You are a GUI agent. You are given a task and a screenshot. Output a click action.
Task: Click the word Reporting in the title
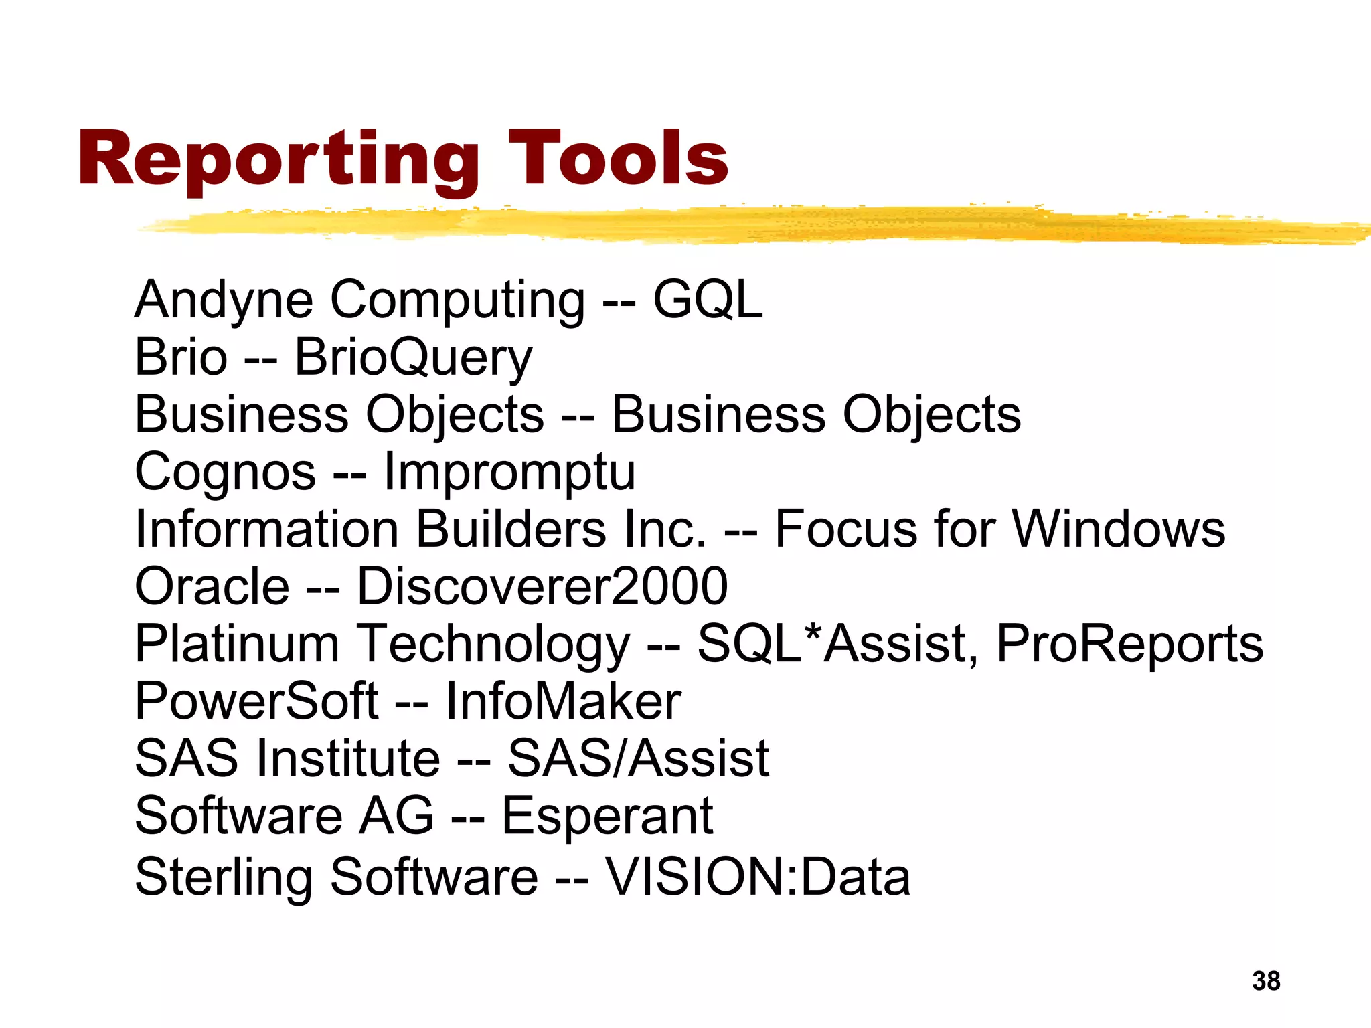coord(278,159)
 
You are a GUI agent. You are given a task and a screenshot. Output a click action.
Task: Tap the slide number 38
coord(1266,981)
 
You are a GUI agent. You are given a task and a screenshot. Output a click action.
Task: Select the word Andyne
coord(224,300)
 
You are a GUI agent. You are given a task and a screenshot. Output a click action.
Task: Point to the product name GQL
coord(708,300)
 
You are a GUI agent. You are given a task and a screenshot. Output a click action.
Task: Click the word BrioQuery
coord(413,357)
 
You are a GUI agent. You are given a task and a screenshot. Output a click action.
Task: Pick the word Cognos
coord(226,473)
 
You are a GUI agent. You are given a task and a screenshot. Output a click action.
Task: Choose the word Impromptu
coord(509,473)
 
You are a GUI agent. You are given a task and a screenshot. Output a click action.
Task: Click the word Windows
coord(1119,529)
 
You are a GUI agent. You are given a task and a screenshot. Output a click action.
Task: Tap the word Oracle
coord(212,586)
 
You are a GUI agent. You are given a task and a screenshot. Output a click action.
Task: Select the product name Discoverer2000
coord(542,586)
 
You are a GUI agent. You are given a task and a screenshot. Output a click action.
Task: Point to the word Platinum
coord(237,644)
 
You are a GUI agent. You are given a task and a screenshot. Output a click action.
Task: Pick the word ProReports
coord(1130,644)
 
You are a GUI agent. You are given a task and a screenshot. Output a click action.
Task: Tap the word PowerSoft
coord(257,701)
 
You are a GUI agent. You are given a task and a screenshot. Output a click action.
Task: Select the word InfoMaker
coord(563,701)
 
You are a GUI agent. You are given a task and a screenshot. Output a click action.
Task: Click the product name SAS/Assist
coord(639,758)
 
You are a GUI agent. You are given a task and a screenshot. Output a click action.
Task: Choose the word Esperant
coord(607,816)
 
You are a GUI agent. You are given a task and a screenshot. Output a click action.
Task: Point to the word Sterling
coord(224,877)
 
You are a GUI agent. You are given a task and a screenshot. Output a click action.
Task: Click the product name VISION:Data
coord(758,877)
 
